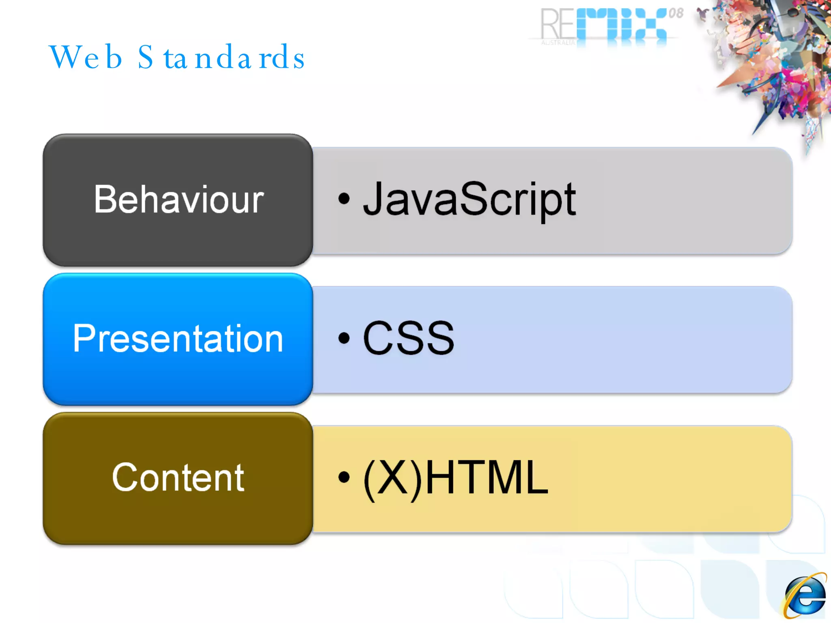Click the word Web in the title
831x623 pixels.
(x=86, y=58)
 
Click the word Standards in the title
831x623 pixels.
(x=221, y=58)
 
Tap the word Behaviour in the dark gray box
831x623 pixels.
(x=179, y=199)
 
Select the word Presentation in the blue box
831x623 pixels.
(x=178, y=338)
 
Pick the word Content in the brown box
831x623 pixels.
(x=178, y=477)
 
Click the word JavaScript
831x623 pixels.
(x=469, y=199)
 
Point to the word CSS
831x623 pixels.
(x=408, y=338)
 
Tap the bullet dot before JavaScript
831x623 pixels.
(x=344, y=199)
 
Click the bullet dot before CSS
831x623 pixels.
(x=344, y=337)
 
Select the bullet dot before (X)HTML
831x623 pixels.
(x=344, y=477)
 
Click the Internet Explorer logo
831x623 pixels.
(x=805, y=595)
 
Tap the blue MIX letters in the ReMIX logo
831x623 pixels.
(x=621, y=24)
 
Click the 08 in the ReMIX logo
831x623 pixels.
(x=676, y=14)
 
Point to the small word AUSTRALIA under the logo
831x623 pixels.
(x=558, y=43)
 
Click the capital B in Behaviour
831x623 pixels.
(x=106, y=199)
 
